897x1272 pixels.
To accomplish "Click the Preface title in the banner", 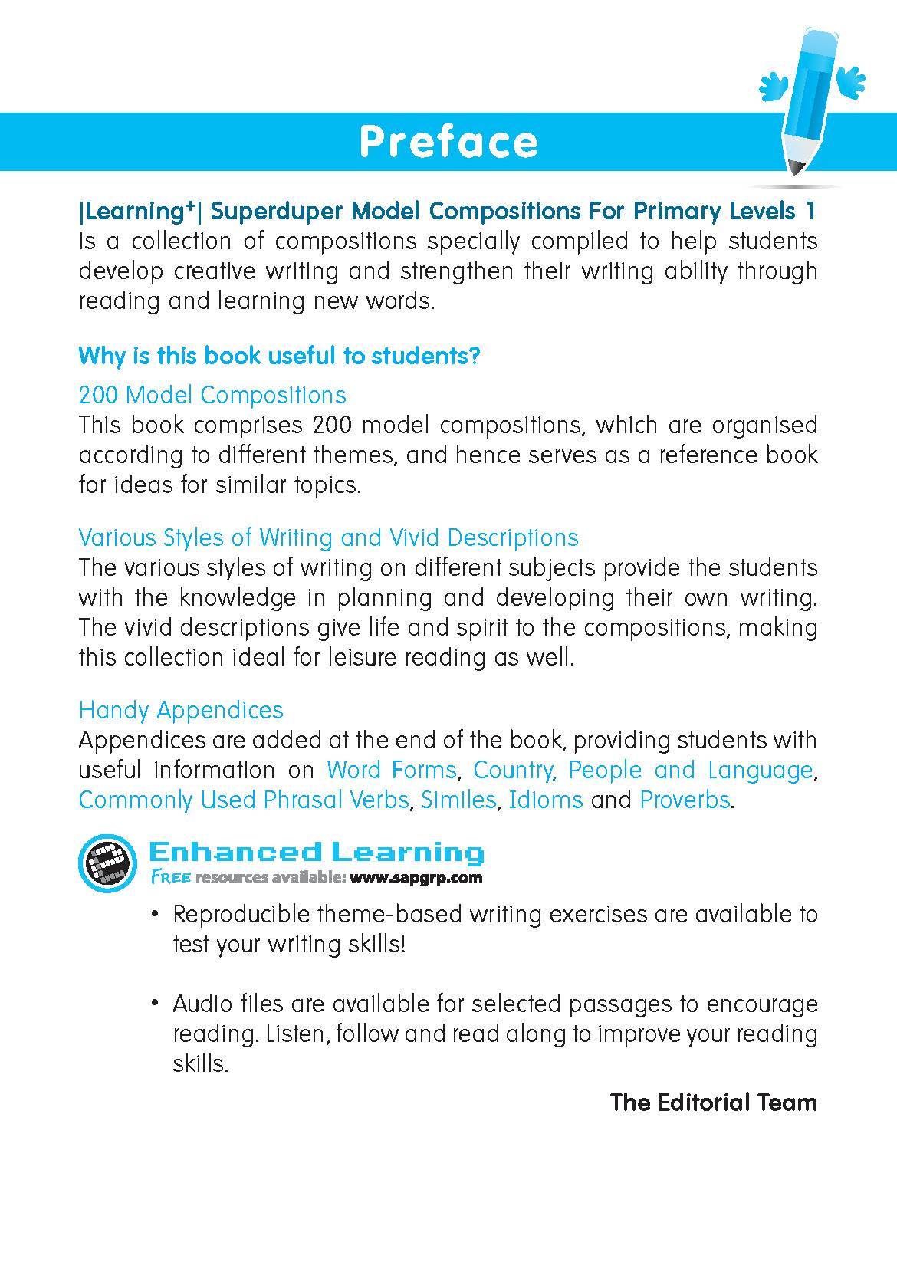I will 449,142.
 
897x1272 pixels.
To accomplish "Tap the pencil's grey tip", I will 797,165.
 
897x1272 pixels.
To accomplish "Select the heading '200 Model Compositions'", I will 212,395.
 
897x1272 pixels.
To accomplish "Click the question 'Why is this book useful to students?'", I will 279,356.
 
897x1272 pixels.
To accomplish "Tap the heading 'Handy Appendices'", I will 181,710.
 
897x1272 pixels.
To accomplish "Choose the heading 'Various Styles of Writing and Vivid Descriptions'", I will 328,537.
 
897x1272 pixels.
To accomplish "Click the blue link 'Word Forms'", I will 391,770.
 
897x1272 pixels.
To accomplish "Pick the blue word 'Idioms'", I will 546,800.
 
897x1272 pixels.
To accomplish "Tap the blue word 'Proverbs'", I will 685,800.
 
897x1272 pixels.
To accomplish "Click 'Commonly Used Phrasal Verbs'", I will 243,800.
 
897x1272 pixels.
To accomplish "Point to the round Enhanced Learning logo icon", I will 107,863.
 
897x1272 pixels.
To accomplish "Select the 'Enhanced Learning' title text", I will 316,852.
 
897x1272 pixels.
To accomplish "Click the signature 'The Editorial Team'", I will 713,1103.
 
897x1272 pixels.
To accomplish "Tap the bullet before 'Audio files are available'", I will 156,1003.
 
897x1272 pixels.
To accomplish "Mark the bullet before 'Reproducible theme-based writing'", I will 156,914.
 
